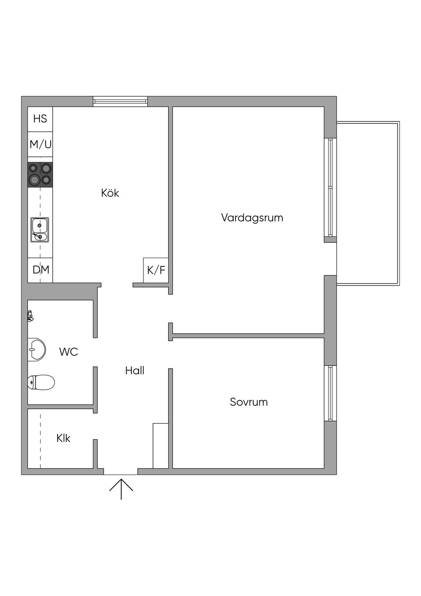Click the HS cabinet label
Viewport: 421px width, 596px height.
tap(40, 119)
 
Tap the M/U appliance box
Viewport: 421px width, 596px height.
tap(40, 144)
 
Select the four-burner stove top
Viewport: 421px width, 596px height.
tap(40, 174)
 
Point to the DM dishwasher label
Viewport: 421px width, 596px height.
tap(41, 270)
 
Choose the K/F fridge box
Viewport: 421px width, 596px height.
tap(156, 270)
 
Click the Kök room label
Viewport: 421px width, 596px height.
tap(110, 193)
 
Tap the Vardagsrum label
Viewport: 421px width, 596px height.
tap(252, 217)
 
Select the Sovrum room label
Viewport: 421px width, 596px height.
tap(249, 402)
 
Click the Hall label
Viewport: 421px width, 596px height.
tap(135, 370)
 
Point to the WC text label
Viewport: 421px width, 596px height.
tap(68, 352)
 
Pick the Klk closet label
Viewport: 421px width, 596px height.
tap(63, 438)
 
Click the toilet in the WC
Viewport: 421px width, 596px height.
tap(41, 382)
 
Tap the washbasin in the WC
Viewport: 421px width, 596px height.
tap(36, 350)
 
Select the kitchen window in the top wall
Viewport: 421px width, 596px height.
tap(120, 101)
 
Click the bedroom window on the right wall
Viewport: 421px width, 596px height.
tap(330, 393)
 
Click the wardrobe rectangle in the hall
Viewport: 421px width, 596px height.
tap(160, 445)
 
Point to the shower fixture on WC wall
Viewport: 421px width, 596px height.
tap(30, 316)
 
